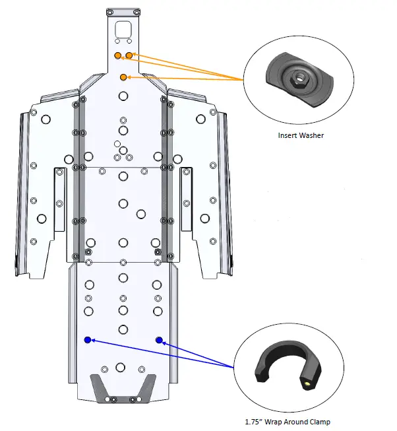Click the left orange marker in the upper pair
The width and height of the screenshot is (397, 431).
[118, 55]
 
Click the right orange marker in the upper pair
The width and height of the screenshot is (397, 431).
[129, 55]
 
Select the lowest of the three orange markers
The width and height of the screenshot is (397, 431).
[123, 78]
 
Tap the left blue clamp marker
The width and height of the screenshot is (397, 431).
[88, 340]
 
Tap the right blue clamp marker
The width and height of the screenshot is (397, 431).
[159, 340]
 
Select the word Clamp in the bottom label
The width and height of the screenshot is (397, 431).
[317, 422]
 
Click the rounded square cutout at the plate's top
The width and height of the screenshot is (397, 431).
[123, 30]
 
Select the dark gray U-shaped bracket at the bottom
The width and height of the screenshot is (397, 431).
[123, 389]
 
